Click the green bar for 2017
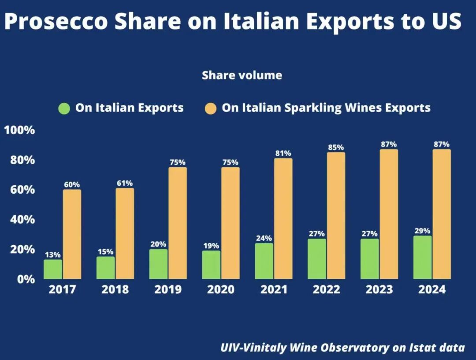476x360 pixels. coord(53,269)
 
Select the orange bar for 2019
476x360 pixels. coord(178,223)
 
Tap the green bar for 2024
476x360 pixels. coord(423,257)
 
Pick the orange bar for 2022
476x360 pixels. coord(336,215)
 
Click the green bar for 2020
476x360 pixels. coord(211,265)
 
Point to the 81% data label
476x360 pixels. coord(283,153)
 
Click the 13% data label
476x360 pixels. coord(52,255)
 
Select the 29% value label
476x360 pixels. coord(422,231)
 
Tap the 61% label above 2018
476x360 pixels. coord(124,183)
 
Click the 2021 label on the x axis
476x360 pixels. coord(274,290)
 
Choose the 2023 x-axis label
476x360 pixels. coord(379,290)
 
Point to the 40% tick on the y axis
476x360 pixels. coord(19,220)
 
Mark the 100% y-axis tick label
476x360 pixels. coord(19,130)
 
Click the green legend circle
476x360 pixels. coord(64,108)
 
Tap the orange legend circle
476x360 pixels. coord(211,108)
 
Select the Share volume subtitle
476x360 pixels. coord(242,75)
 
